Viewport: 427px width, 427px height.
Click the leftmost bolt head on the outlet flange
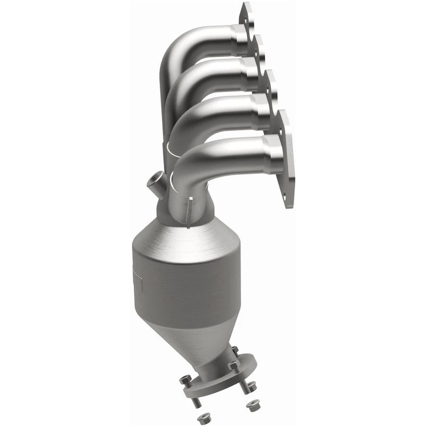click(185, 380)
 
